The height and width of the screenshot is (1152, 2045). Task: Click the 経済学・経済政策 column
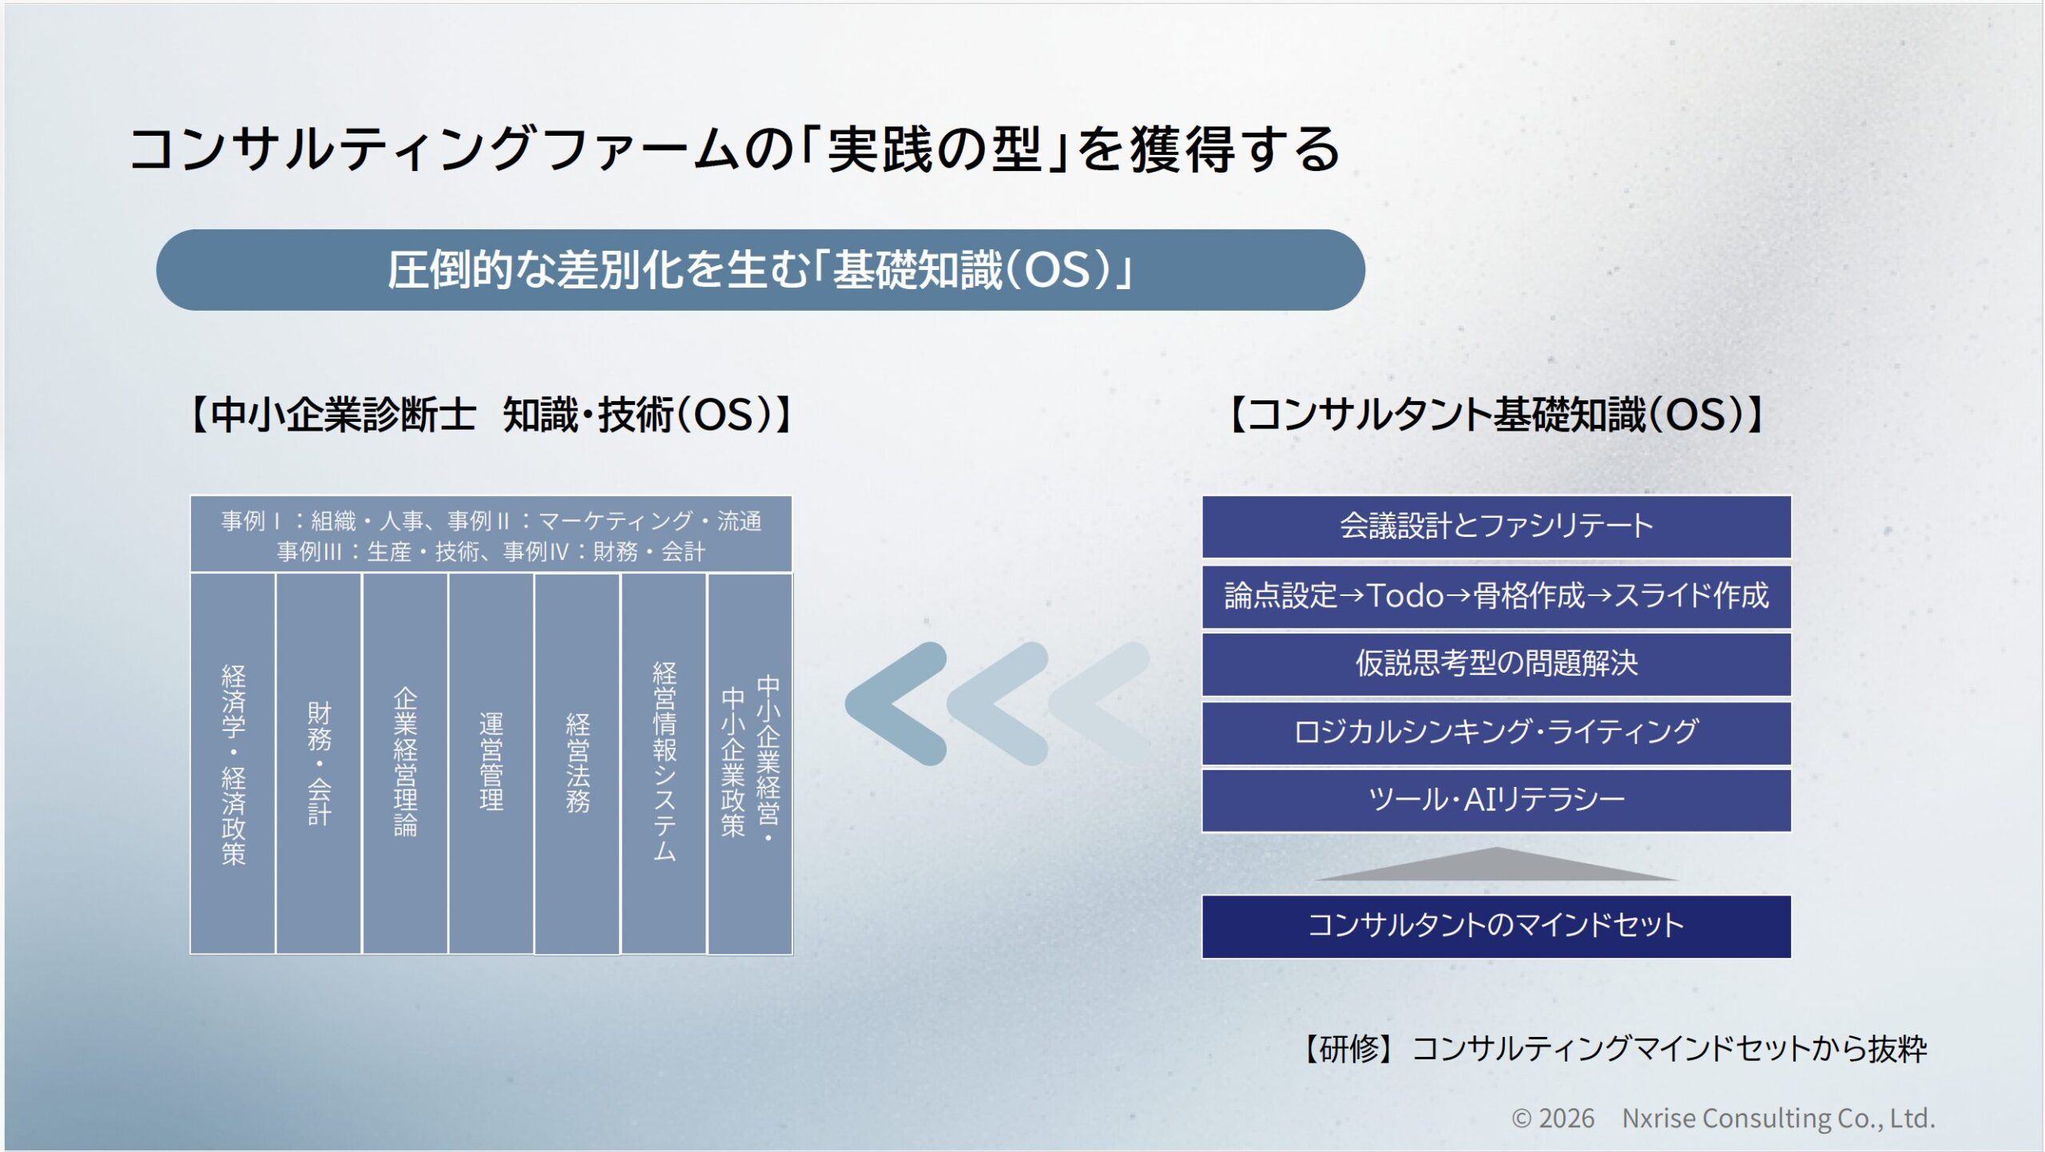[x=232, y=763]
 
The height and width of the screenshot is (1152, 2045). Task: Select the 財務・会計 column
[x=319, y=763]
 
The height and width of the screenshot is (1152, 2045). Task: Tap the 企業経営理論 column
[x=405, y=763]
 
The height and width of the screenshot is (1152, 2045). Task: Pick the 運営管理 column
[x=491, y=763]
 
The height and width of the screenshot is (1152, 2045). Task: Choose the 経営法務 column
[x=578, y=763]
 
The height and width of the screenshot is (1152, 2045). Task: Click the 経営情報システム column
[x=664, y=763]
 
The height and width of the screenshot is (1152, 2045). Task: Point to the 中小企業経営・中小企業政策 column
[x=750, y=763]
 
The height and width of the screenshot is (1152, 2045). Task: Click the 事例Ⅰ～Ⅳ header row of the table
[x=491, y=534]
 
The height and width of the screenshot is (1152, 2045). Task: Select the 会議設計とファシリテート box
[x=1496, y=526]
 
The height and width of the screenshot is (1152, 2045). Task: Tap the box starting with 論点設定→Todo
[x=1496, y=596]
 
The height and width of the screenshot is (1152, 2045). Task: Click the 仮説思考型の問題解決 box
[x=1496, y=664]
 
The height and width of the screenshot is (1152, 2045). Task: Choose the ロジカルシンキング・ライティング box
[x=1496, y=733]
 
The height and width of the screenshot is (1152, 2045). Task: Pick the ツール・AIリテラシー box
[x=1496, y=800]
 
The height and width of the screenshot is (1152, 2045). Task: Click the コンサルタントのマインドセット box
[x=1496, y=926]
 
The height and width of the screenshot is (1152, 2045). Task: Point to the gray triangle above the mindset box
[x=1496, y=867]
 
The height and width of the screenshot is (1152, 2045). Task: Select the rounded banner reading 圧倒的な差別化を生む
[x=760, y=270]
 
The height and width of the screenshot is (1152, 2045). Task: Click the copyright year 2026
[x=1567, y=1118]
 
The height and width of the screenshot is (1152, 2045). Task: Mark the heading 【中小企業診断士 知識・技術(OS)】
[x=491, y=415]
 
